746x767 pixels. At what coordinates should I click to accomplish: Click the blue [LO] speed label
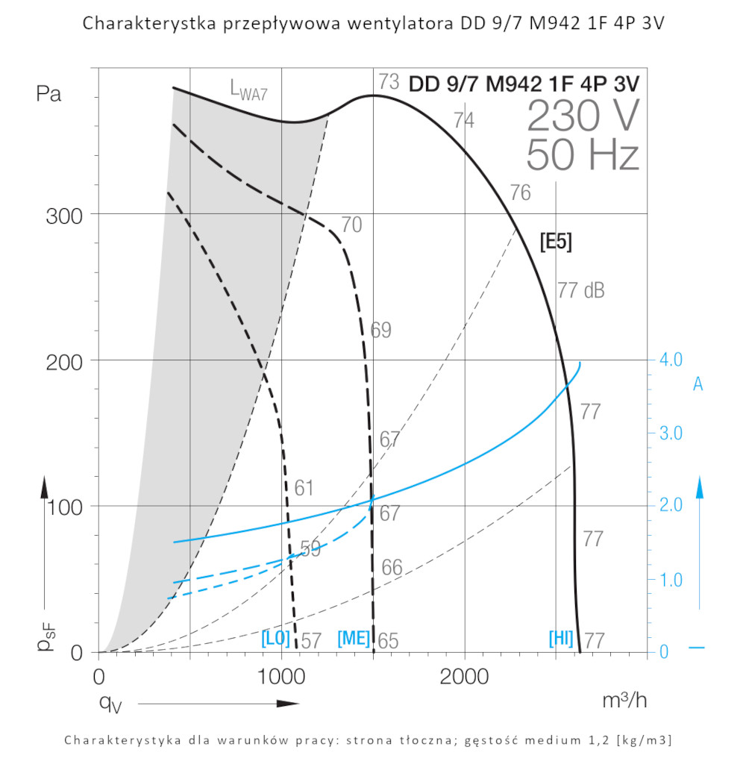[x=275, y=639]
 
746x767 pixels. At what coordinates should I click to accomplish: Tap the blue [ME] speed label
[x=354, y=639]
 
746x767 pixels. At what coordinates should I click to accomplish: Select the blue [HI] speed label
[x=561, y=639]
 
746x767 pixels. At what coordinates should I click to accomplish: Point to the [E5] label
[x=556, y=242]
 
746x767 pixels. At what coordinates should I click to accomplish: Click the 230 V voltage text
[x=583, y=116]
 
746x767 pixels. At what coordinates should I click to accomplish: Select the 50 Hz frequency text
[x=583, y=156]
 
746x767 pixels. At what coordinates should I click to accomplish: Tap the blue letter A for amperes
[x=698, y=384]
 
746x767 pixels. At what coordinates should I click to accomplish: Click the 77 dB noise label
[x=580, y=291]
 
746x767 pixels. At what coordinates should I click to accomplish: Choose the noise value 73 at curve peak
[x=389, y=81]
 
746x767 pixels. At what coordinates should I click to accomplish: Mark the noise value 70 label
[x=351, y=225]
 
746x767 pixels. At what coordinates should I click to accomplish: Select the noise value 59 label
[x=310, y=549]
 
